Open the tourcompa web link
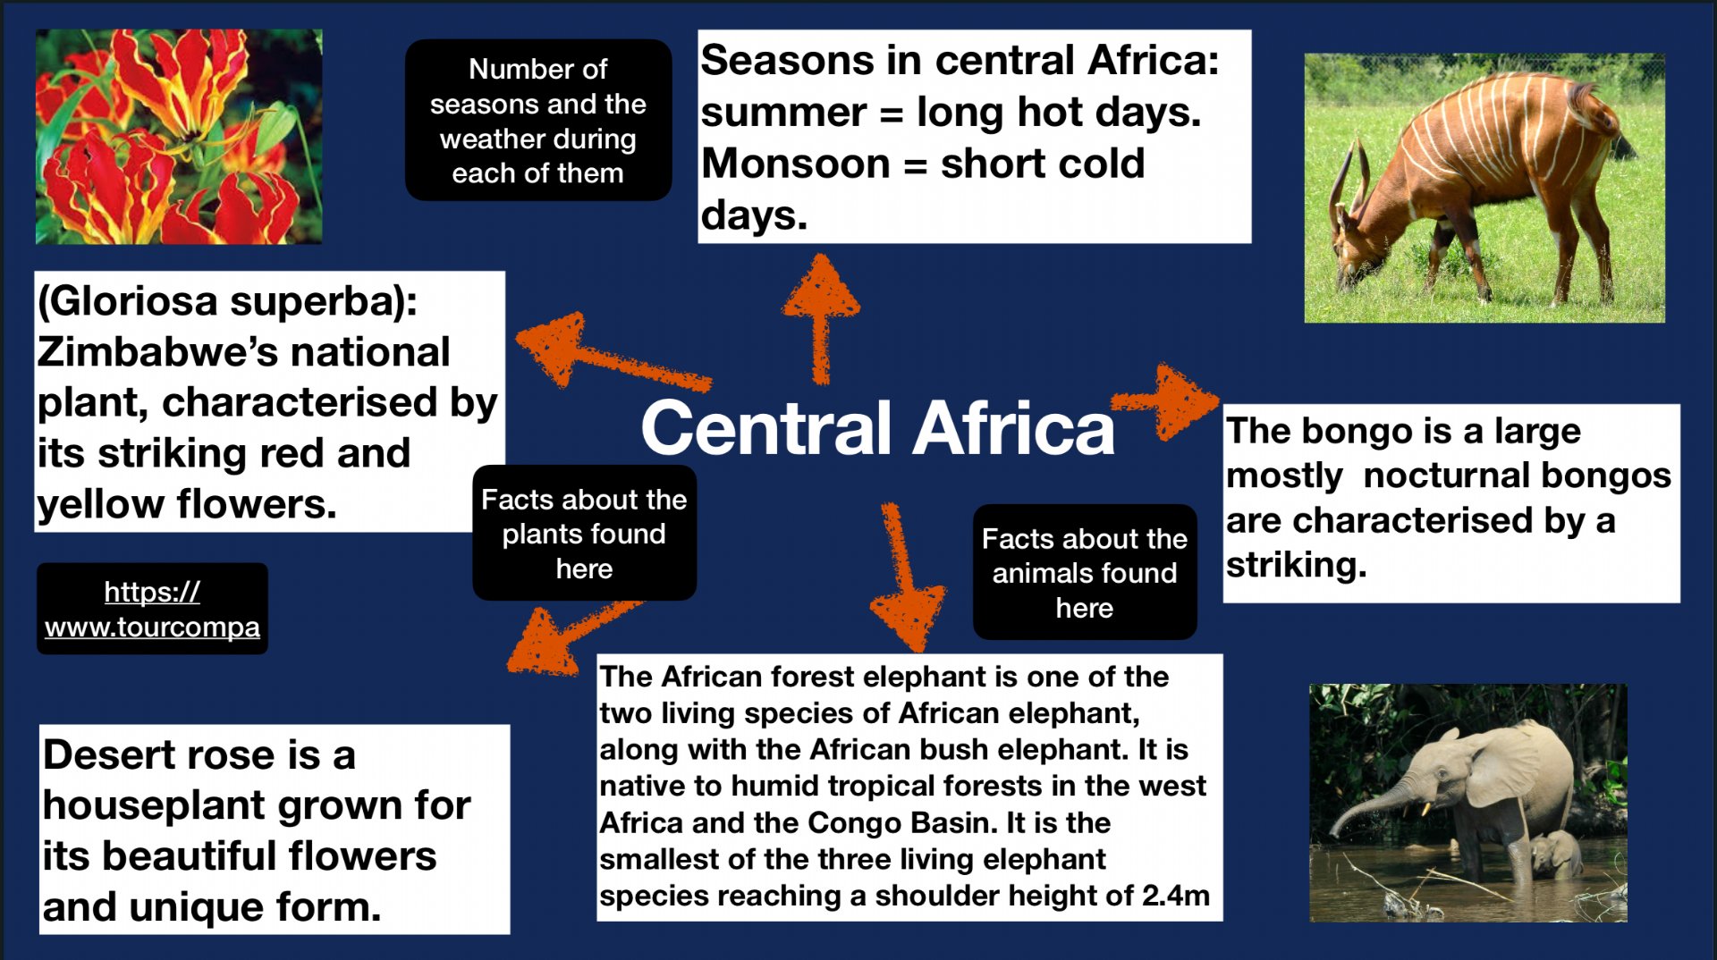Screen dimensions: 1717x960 [x=152, y=609]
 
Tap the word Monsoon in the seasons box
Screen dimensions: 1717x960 [x=795, y=164]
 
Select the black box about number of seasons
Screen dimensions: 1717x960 [x=537, y=120]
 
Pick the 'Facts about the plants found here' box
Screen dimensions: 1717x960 [x=584, y=533]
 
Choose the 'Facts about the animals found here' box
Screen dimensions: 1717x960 [x=1084, y=572]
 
